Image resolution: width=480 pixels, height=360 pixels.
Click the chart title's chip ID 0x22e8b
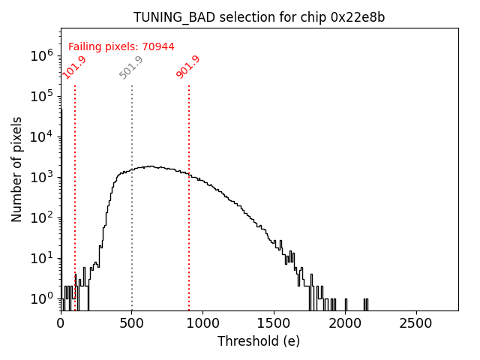[x=358, y=17]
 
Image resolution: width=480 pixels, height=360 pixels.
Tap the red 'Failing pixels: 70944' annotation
[x=121, y=47]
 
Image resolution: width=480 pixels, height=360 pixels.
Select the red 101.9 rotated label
[x=74, y=67]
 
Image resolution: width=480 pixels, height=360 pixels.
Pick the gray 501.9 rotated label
[x=131, y=67]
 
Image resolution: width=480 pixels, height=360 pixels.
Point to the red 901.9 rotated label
[x=188, y=67]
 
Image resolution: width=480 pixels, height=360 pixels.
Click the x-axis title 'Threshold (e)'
[x=259, y=341]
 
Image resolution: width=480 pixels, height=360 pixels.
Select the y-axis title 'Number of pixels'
[x=17, y=169]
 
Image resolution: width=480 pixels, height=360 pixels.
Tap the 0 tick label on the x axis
[x=61, y=322]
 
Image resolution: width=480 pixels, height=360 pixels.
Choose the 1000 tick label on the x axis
[x=202, y=322]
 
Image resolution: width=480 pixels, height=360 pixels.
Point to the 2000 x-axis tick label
[x=345, y=322]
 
